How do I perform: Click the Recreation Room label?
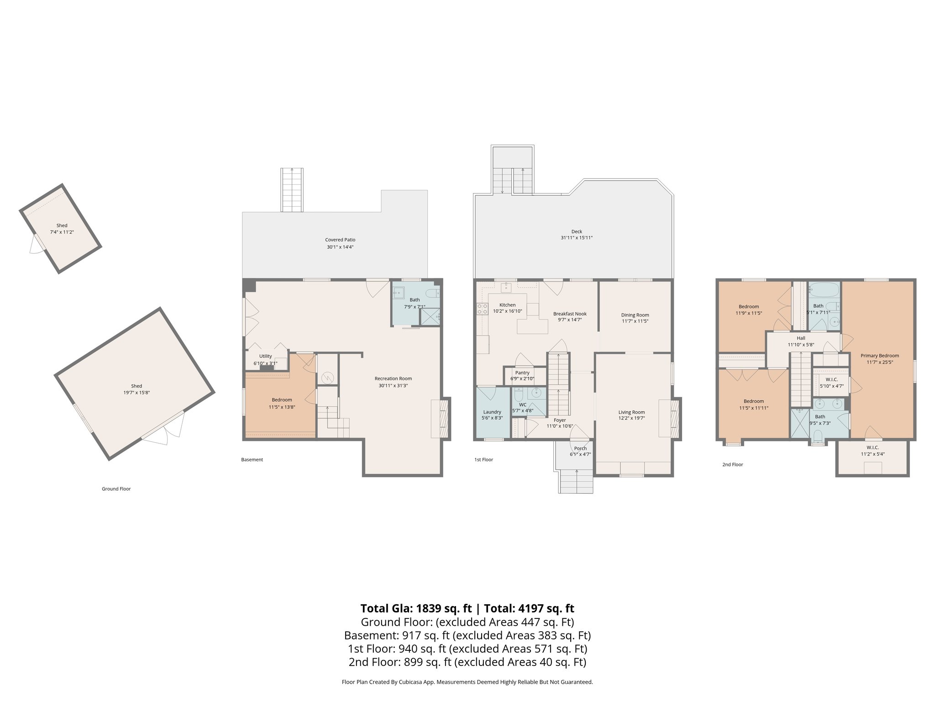pos(393,378)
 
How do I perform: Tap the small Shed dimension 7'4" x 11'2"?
pos(62,232)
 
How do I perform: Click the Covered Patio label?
pos(340,240)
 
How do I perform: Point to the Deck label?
pos(577,231)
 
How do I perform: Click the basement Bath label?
pos(415,300)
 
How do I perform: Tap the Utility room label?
pos(265,356)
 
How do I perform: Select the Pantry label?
pos(522,373)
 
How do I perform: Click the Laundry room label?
pos(492,412)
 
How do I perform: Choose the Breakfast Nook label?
pos(570,314)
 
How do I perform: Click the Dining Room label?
pos(635,315)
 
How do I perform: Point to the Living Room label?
pos(632,412)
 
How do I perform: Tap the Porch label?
pos(580,449)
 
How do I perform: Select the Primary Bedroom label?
pos(880,356)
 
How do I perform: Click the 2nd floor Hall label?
pos(801,338)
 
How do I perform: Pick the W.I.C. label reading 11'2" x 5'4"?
pos(872,451)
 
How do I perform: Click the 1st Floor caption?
pos(483,460)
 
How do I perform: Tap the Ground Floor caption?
pos(116,489)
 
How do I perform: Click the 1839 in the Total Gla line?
pos(429,608)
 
